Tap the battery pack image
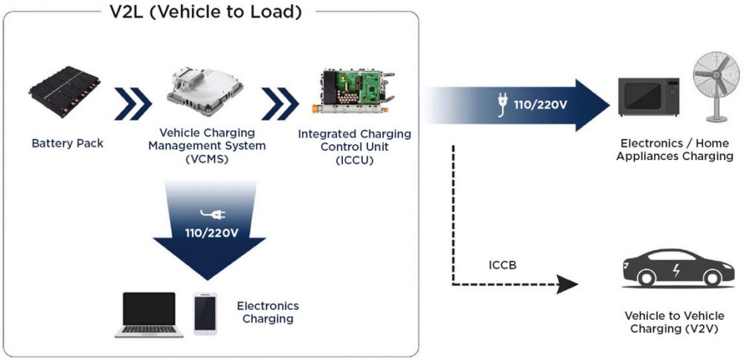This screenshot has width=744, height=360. coord(67,95)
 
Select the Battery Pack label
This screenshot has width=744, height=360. coord(68,143)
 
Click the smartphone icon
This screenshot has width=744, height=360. coord(205,313)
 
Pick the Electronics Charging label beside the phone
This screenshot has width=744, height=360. coord(268,312)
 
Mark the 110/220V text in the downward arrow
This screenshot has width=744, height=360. coord(211,234)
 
